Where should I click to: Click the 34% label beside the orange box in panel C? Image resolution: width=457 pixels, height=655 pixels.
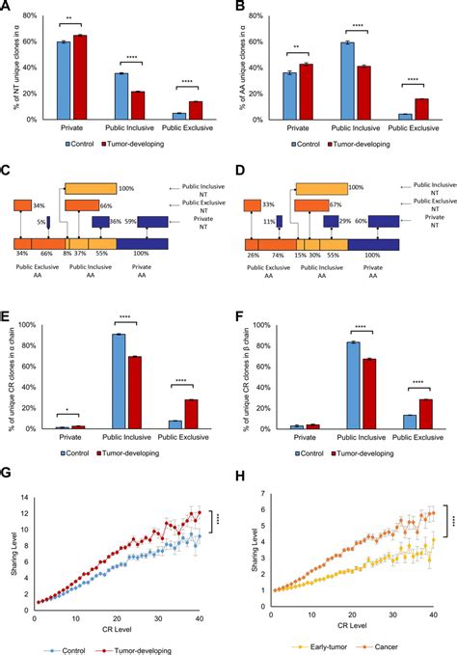point(38,205)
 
